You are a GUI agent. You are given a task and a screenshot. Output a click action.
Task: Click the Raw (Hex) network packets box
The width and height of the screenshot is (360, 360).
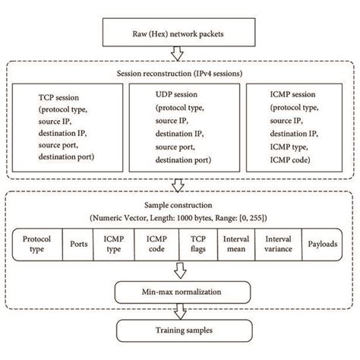click(175, 34)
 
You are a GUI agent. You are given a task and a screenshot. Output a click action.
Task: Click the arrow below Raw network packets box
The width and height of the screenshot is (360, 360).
click(176, 53)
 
